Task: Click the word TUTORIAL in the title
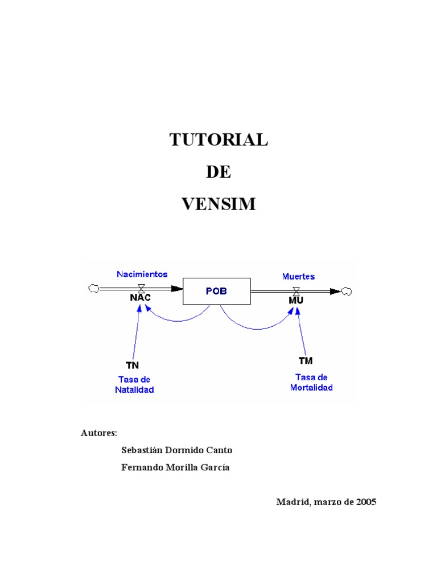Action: click(218, 139)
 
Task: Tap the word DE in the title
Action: click(218, 172)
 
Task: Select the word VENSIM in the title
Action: click(218, 204)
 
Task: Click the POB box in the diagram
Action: click(216, 291)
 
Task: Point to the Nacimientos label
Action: click(142, 274)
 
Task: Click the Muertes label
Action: click(298, 276)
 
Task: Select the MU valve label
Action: click(296, 299)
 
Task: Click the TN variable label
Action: click(132, 365)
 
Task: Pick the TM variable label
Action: click(306, 361)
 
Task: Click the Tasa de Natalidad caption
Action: click(134, 384)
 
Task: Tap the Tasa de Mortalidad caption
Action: click(311, 382)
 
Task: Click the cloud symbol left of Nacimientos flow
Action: click(93, 289)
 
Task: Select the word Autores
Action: click(99, 433)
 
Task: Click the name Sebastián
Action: click(142, 450)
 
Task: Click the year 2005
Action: click(366, 502)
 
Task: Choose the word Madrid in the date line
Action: click(292, 502)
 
